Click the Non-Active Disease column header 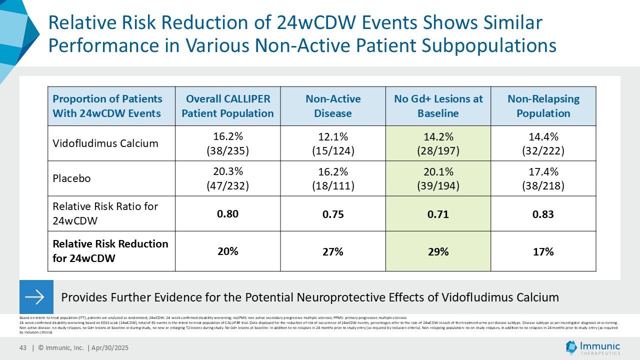[332, 106]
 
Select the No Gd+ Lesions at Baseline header [438, 106]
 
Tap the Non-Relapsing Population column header [543, 106]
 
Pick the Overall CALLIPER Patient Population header [227, 106]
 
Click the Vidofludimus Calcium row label [105, 143]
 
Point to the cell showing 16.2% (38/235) [227, 143]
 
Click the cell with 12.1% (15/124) [332, 143]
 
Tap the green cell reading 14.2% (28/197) [438, 143]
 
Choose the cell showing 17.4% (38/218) [543, 178]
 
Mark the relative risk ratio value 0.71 [438, 214]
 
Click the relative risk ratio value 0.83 [543, 214]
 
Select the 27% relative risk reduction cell [332, 251]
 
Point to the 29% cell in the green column [438, 251]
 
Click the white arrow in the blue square [36, 297]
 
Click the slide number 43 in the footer [22, 348]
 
